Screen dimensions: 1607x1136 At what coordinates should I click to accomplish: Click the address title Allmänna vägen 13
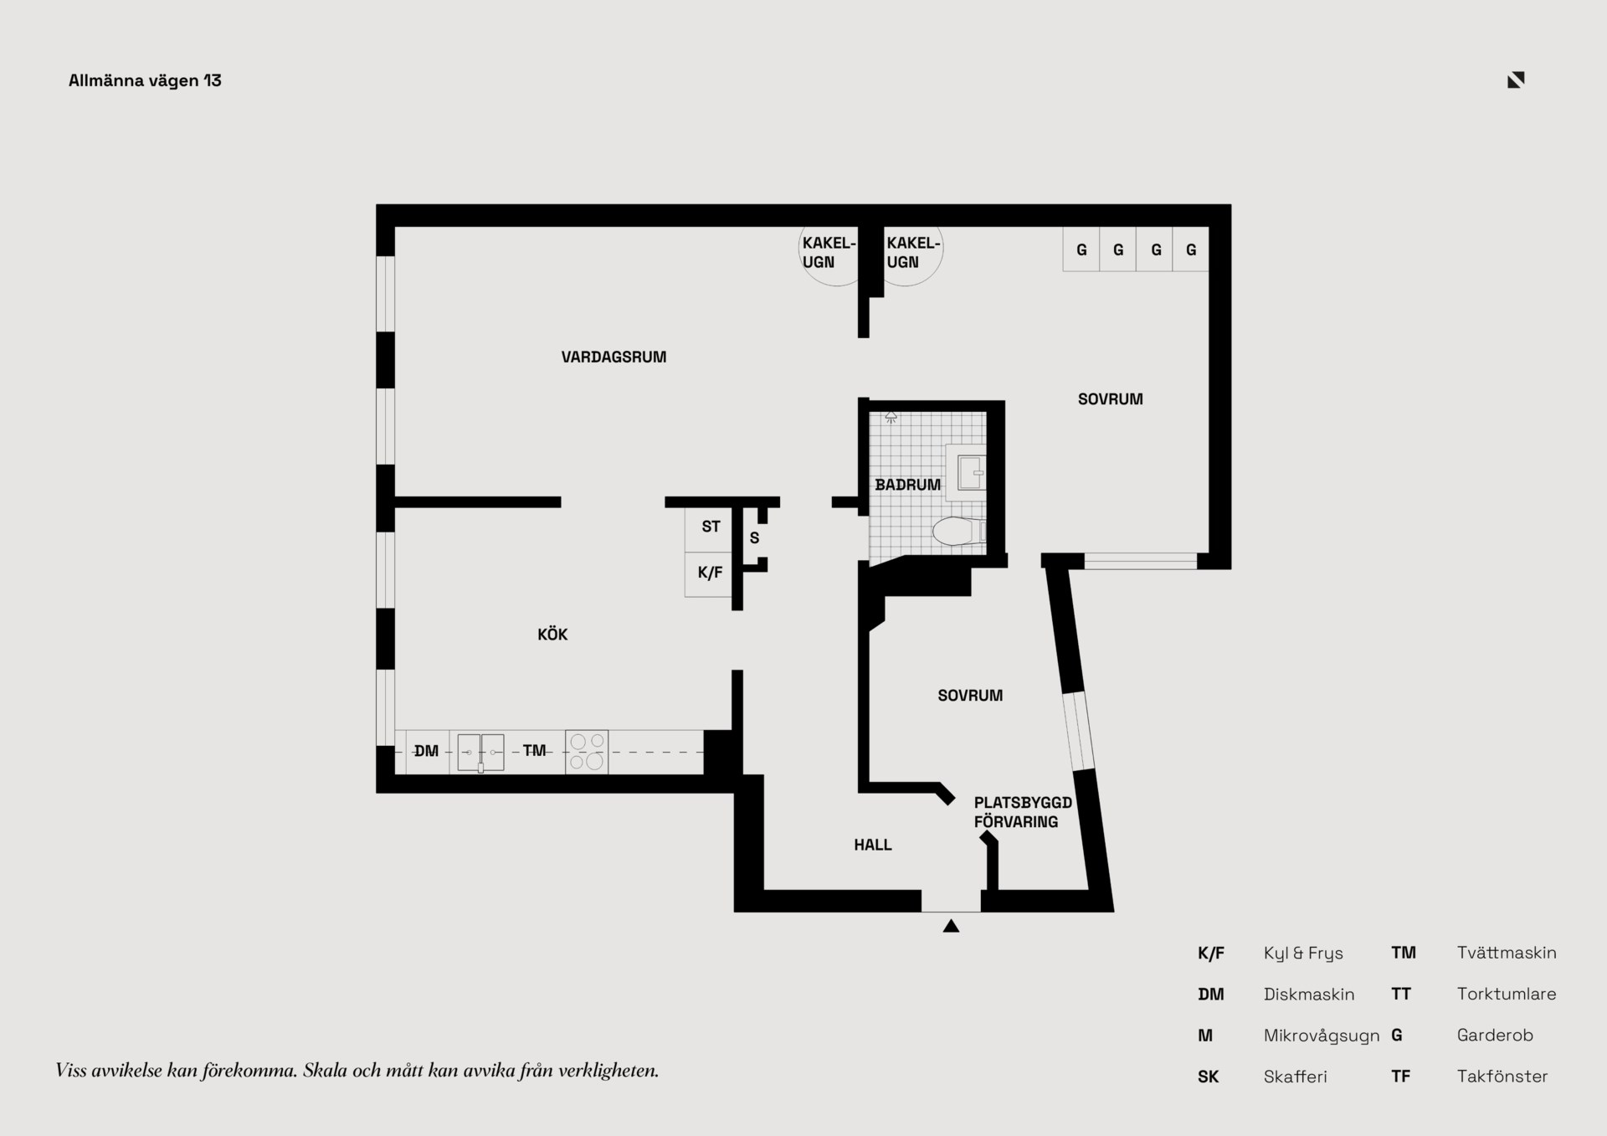[145, 80]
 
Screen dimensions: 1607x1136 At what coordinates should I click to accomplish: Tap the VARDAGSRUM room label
[614, 357]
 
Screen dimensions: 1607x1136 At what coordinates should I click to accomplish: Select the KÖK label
[552, 634]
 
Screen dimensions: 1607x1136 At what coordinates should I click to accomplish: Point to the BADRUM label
[907, 485]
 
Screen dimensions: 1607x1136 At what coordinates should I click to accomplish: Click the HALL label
[873, 845]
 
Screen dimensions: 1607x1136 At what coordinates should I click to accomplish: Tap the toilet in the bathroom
[959, 531]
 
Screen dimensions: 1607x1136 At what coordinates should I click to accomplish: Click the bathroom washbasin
[970, 472]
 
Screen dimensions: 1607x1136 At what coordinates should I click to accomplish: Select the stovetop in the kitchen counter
[587, 752]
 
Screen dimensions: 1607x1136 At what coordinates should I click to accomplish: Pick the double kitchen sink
[480, 752]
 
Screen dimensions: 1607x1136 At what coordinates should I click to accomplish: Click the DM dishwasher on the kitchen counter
[426, 751]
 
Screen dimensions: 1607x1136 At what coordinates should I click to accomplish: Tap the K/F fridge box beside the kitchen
[709, 573]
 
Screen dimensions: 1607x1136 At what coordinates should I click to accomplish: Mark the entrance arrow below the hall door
[951, 926]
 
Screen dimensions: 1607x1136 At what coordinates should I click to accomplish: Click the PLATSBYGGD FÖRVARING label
[1023, 812]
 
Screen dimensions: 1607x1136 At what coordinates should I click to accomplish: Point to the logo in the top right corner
[1516, 80]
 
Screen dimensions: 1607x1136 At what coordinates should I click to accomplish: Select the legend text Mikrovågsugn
[1322, 1036]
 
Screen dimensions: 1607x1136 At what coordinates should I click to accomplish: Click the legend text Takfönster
[1502, 1077]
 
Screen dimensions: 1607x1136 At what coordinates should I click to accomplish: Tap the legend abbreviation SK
[1208, 1077]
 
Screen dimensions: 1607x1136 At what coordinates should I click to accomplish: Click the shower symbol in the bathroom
[891, 416]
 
